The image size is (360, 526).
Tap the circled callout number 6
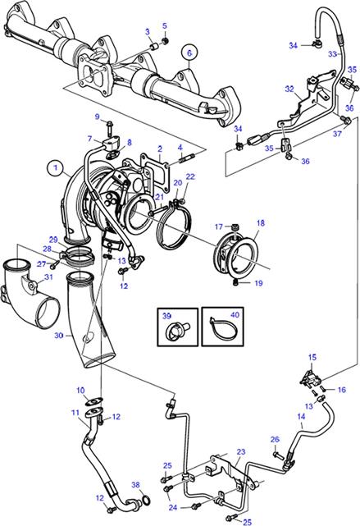189,53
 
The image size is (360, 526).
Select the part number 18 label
261,222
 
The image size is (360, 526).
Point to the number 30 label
59,335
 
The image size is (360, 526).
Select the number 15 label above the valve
312,357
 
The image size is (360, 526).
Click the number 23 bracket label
240,452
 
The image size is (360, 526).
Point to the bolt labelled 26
278,455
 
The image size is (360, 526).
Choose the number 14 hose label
301,416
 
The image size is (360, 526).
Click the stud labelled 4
183,158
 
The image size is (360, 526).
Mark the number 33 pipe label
332,53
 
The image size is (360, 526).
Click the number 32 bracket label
289,89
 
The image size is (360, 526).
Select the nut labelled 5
165,41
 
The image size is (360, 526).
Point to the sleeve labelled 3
153,47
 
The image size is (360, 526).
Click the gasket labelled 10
95,401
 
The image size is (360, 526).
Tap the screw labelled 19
236,283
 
